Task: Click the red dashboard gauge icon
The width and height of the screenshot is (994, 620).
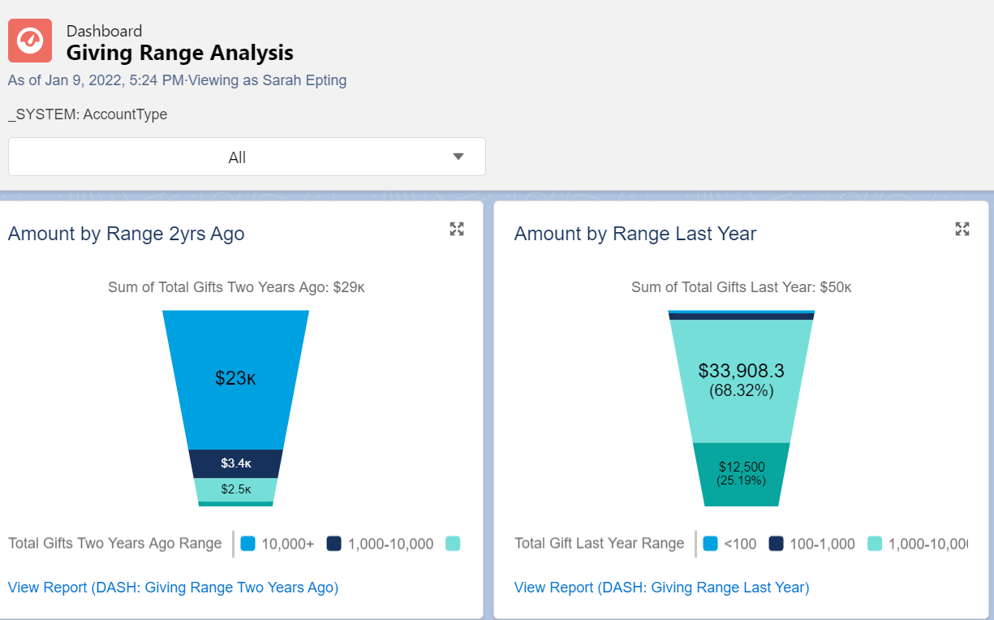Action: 30,41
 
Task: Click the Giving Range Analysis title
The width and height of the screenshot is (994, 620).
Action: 179,54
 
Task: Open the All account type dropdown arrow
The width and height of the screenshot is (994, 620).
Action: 458,157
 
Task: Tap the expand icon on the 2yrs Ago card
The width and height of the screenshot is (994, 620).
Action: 457,229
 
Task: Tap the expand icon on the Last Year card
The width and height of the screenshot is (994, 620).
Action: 962,229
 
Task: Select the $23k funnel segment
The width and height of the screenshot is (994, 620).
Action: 235,378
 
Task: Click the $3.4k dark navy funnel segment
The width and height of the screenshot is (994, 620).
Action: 235,463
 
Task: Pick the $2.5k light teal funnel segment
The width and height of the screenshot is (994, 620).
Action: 235,489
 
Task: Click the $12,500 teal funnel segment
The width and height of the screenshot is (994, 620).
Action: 741,474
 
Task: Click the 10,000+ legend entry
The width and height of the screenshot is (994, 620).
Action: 278,544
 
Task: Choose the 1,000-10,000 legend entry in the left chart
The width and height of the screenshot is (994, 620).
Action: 381,544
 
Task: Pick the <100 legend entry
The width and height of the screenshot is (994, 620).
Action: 730,544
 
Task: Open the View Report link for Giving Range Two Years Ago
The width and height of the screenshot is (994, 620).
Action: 173,588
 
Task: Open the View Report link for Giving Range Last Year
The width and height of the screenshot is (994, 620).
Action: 661,588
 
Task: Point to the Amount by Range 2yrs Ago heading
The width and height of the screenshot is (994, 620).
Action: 126,234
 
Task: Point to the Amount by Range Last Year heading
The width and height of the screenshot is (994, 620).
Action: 635,234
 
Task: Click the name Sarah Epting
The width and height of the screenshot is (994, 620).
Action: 304,80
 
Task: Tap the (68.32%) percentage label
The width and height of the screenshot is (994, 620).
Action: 741,390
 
